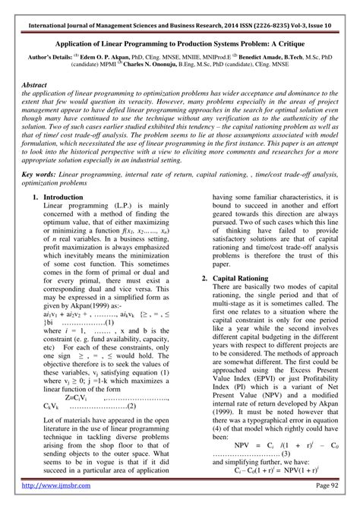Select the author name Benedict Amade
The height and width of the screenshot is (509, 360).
coord(263,35)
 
